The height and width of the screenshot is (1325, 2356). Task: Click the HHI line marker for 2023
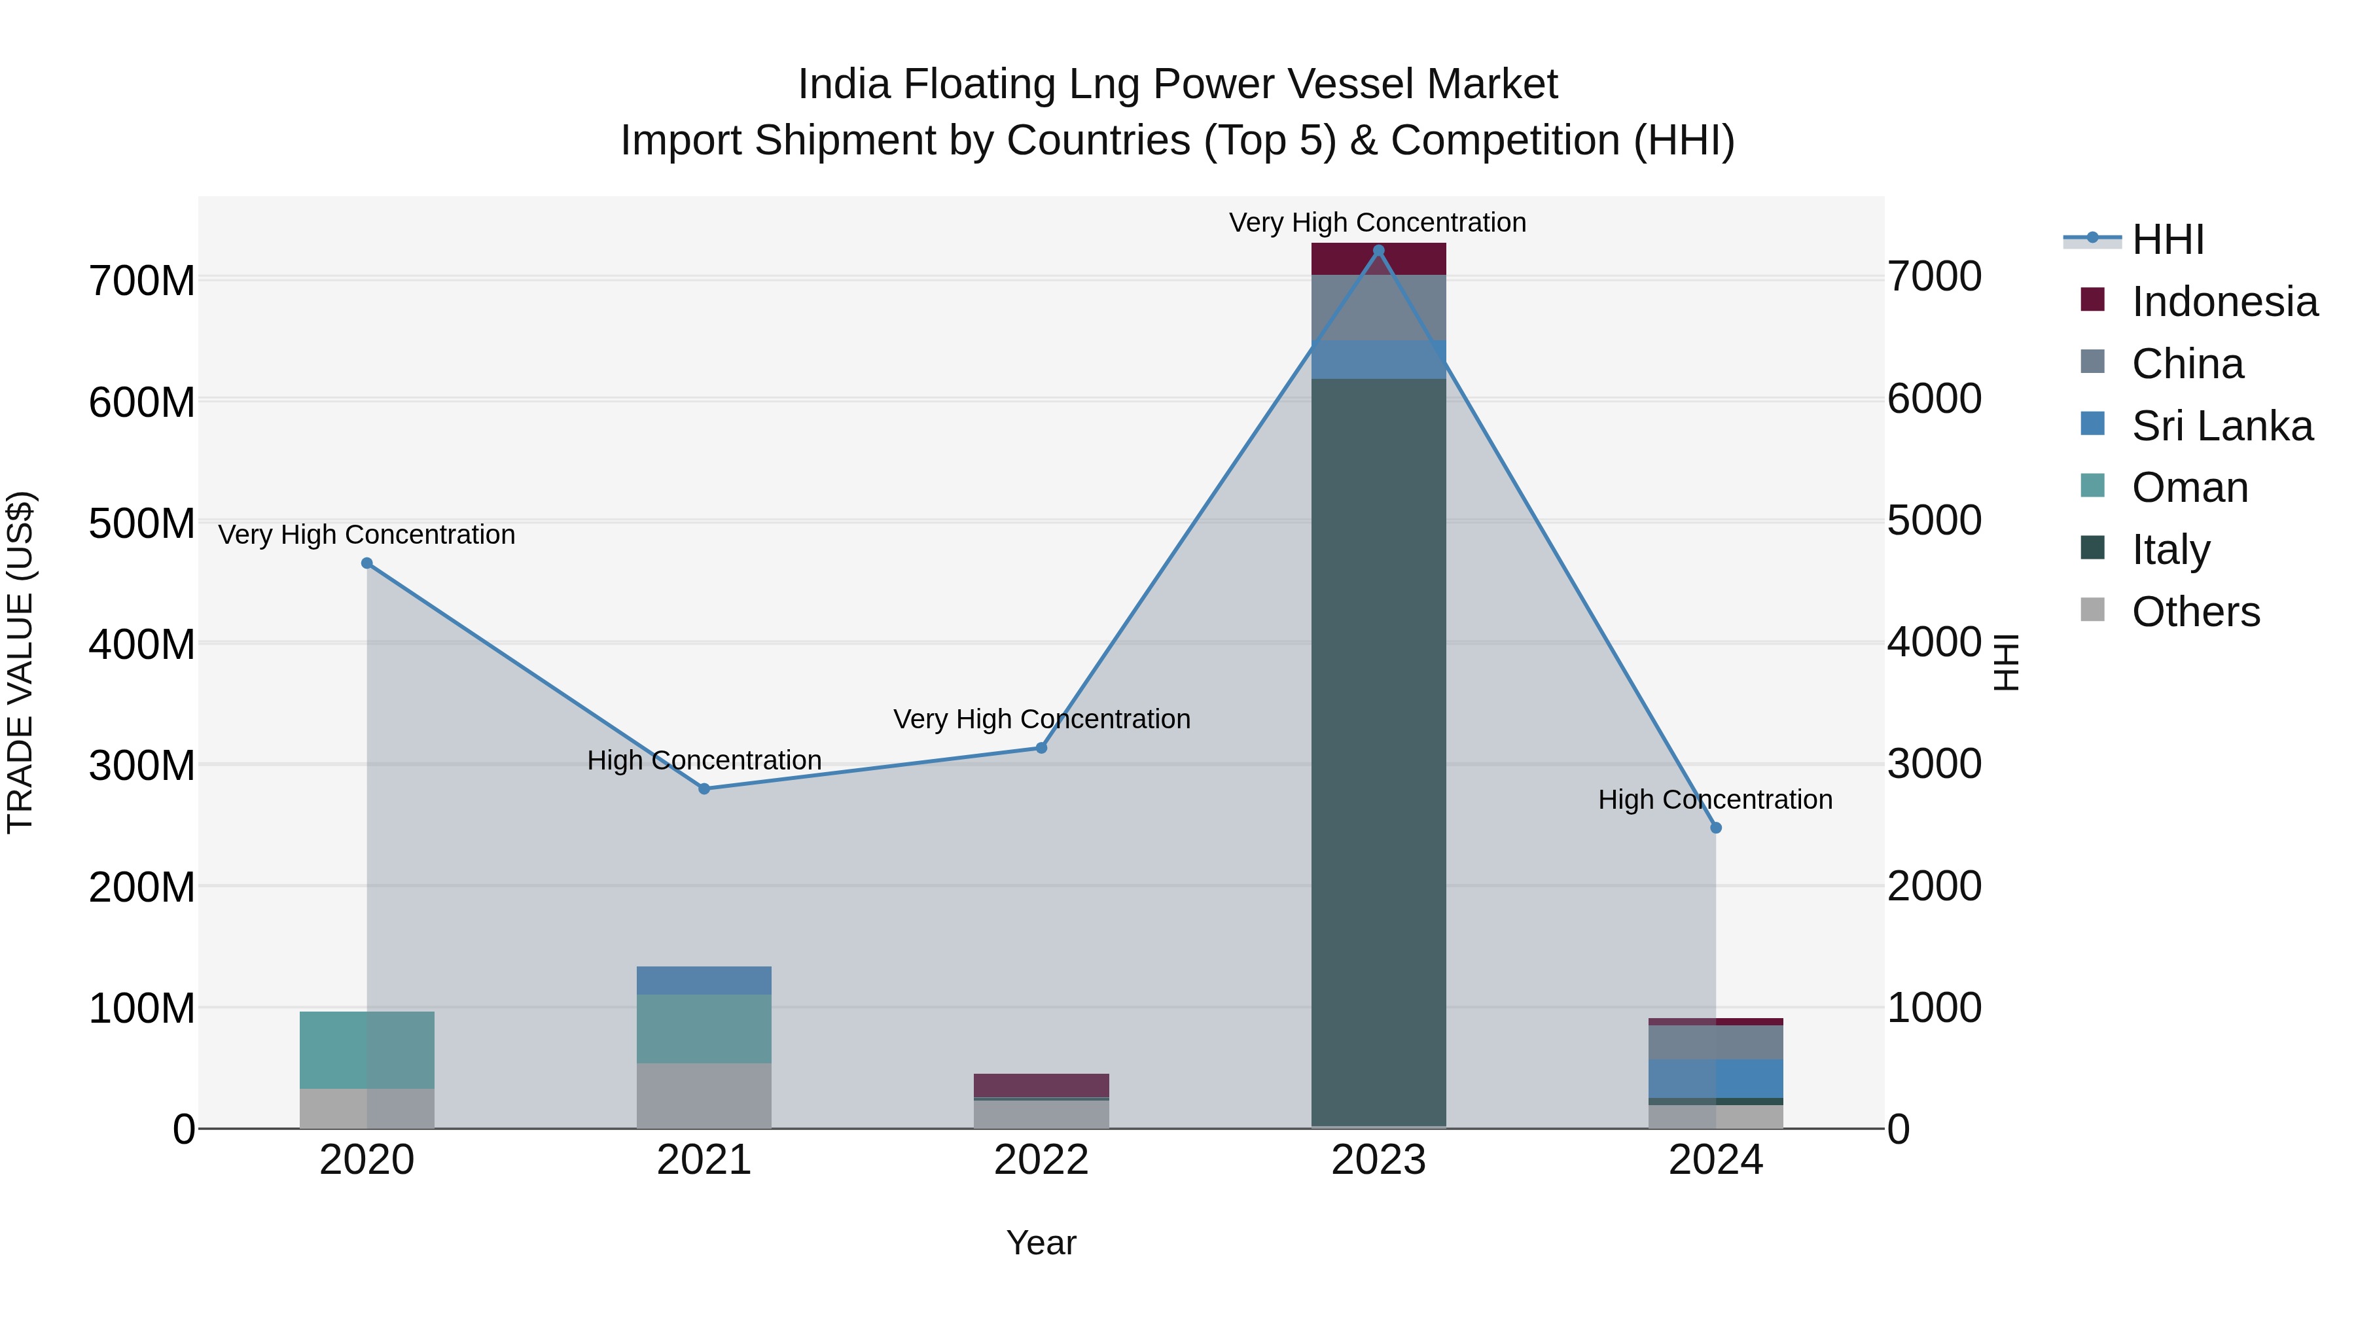(1378, 250)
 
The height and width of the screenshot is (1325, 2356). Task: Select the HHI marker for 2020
(366, 563)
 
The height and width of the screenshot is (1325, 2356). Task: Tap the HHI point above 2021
(704, 788)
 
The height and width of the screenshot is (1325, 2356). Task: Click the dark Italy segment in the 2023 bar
(1378, 750)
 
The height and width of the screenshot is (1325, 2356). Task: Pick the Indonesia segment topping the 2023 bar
(1378, 258)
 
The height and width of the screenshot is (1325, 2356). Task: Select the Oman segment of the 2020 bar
(366, 1050)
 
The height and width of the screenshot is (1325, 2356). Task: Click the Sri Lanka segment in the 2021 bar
(704, 980)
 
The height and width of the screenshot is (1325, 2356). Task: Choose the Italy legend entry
(2169, 550)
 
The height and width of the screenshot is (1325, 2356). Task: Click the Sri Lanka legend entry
(2221, 426)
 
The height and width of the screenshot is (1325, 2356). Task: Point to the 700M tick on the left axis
(142, 280)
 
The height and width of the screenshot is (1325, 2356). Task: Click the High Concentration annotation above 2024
(1715, 799)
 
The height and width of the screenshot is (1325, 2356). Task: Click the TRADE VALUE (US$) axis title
(20, 662)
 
